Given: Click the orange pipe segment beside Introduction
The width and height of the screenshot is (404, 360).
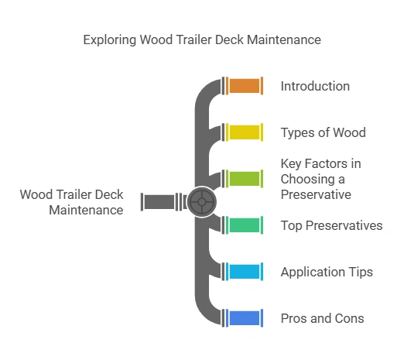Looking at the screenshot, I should pyautogui.click(x=244, y=86).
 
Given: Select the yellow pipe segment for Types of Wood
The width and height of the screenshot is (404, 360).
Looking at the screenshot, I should pyautogui.click(x=244, y=132).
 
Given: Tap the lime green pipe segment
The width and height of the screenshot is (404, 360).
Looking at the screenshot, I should pyautogui.click(x=244, y=178).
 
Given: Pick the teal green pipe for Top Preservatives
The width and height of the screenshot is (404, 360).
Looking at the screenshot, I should pyautogui.click(x=244, y=225).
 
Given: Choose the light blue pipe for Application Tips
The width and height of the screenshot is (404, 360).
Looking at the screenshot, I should pyautogui.click(x=244, y=272).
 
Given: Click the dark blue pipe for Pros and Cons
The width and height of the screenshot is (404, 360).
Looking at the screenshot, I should pyautogui.click(x=244, y=318).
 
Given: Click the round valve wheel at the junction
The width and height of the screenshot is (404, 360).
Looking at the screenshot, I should pyautogui.click(x=201, y=202).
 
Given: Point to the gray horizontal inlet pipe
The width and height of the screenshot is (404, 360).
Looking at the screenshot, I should pyautogui.click(x=159, y=202).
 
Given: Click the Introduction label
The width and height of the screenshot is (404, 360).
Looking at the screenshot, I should pyautogui.click(x=315, y=86).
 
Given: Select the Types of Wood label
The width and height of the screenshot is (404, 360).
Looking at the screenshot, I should pyautogui.click(x=323, y=132).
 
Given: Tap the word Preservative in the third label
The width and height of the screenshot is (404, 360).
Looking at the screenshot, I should pyautogui.click(x=316, y=194).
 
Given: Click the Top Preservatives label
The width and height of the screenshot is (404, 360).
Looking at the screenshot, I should pyautogui.click(x=331, y=225).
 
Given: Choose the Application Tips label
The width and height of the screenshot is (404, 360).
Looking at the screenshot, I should pyautogui.click(x=327, y=272).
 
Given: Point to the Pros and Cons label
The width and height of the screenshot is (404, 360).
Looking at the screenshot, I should pyautogui.click(x=322, y=318).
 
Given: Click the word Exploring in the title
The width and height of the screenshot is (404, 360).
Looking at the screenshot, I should pyautogui.click(x=109, y=39).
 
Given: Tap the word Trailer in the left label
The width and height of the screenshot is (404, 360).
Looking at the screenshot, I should pyautogui.click(x=74, y=195).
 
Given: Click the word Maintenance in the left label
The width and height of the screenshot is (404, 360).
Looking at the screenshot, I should pyautogui.click(x=86, y=210).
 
